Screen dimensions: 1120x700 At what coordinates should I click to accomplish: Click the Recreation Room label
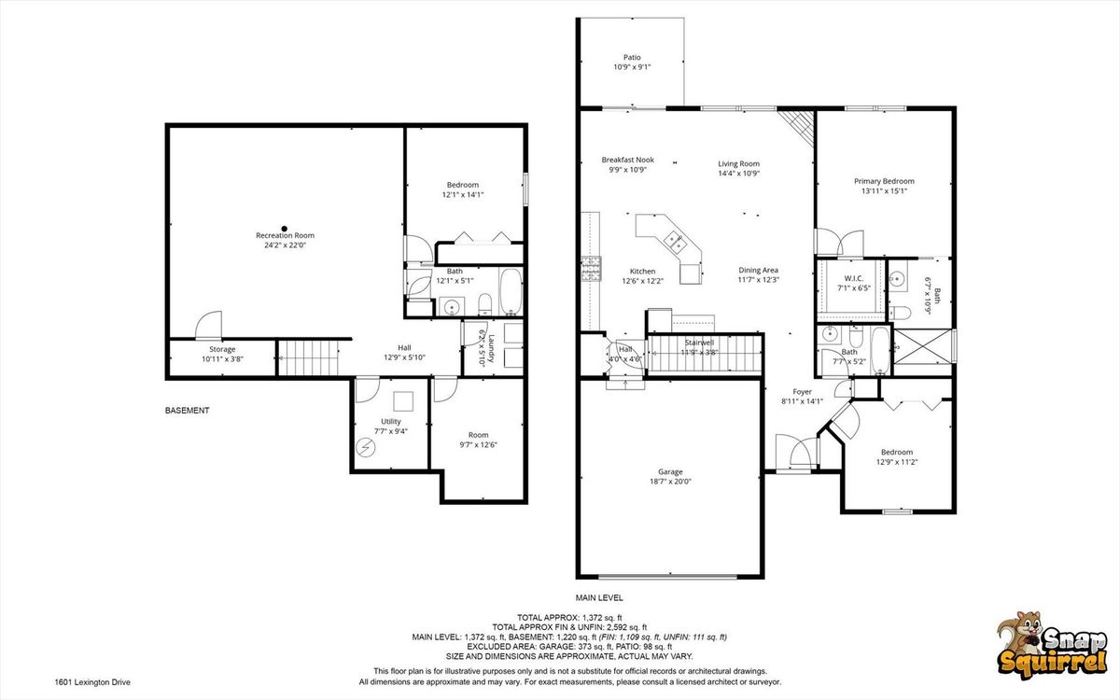click(x=285, y=235)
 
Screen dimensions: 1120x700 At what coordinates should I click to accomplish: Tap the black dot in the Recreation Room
click(x=284, y=228)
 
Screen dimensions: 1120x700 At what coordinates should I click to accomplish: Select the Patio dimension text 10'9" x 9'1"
click(x=632, y=67)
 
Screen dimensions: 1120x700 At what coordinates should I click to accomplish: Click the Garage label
click(x=670, y=471)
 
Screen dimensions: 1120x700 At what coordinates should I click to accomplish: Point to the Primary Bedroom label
click(x=884, y=181)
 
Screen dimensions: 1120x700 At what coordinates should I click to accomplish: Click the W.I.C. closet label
click(x=853, y=278)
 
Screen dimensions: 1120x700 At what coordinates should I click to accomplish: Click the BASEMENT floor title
click(x=187, y=411)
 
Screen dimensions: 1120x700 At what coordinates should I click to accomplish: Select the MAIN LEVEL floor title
click(x=599, y=597)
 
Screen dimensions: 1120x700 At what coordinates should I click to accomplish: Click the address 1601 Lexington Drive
click(x=92, y=682)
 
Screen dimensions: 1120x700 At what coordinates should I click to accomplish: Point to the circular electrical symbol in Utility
click(x=365, y=447)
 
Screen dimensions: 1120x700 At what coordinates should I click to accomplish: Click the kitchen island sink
click(x=675, y=243)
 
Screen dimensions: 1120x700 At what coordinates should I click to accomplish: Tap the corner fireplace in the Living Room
click(x=797, y=127)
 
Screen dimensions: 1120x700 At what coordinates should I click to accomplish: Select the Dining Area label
click(x=758, y=270)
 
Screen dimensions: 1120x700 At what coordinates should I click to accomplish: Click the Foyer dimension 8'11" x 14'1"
click(x=802, y=401)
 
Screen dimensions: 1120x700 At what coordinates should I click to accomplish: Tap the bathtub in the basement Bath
click(x=511, y=292)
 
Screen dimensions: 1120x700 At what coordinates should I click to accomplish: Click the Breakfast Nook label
click(x=627, y=160)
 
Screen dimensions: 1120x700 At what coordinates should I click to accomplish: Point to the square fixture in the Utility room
click(x=403, y=401)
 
